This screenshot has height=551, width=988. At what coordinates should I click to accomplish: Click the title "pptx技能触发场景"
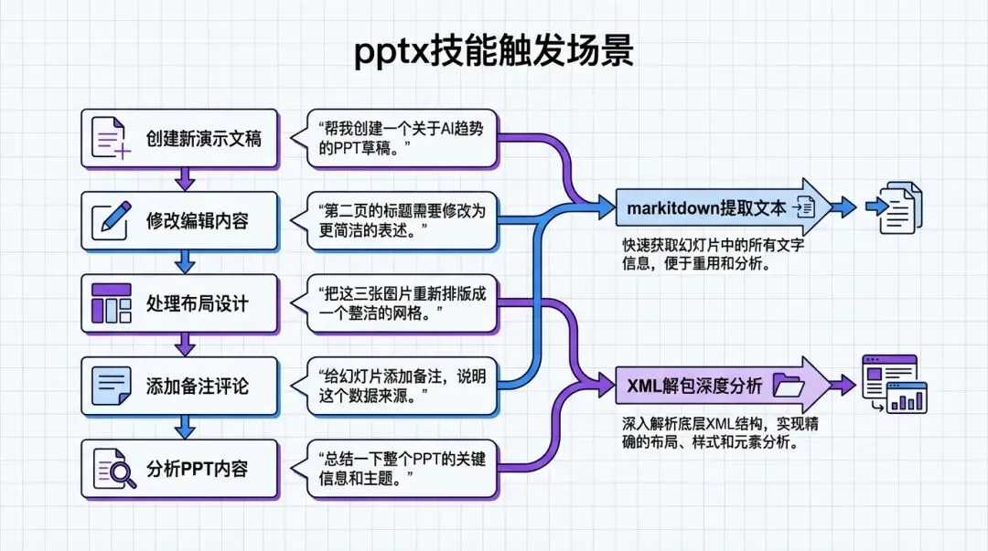pos(493,52)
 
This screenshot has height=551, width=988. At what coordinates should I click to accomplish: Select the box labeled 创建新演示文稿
pos(179,139)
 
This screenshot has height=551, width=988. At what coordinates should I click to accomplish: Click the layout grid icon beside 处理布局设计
pos(112,303)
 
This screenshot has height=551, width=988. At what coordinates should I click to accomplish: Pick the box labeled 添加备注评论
pos(179,386)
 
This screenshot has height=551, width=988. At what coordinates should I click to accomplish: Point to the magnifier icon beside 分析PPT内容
pos(112,469)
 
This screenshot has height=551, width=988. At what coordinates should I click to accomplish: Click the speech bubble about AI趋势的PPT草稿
pos(402,139)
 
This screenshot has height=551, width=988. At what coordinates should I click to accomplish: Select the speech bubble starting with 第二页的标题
pos(402,221)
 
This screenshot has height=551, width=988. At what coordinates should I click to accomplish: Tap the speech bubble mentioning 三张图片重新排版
pos(402,303)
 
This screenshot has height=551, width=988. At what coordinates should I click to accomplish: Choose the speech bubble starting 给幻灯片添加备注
pos(402,386)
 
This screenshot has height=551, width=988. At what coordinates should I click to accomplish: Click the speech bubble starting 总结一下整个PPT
pos(402,469)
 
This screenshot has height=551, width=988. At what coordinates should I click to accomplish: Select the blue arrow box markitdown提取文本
pos(718,208)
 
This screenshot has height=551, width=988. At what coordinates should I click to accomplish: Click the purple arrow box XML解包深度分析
pos(718,386)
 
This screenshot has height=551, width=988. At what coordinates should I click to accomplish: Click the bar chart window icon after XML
pos(896,384)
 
